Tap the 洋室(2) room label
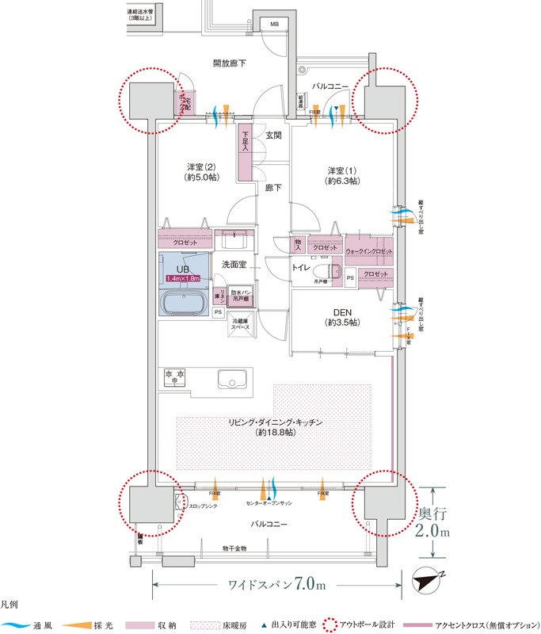coord(201,172)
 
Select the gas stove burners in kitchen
coord(173,377)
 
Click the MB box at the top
coord(275,25)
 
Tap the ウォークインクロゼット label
coord(369,251)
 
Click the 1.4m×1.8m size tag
coord(184,277)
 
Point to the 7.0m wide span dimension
coord(276,585)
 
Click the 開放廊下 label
coord(229,63)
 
